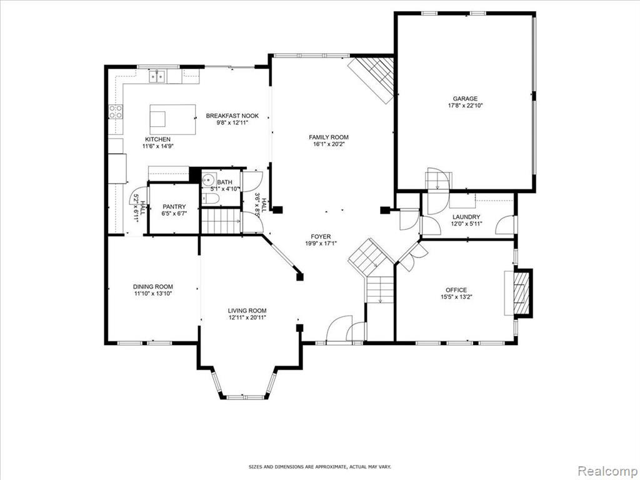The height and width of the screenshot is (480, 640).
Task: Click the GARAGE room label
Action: [465, 98]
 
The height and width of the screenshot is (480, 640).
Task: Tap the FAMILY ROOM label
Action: [329, 137]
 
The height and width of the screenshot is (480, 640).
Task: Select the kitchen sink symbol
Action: [157, 76]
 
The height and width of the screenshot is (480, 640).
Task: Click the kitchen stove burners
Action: [116, 112]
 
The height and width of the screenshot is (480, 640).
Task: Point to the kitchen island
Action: [172, 119]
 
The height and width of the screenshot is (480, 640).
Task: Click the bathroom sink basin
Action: [209, 179]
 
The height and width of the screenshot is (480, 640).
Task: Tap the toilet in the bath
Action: [210, 199]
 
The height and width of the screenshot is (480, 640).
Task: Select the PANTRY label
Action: [174, 206]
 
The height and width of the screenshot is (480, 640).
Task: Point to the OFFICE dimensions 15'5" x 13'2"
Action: [456, 297]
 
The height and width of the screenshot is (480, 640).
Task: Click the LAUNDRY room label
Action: [466, 217]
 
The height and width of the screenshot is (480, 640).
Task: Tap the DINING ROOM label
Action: [153, 286]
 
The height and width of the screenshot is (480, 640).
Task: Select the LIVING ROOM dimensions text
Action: [247, 317]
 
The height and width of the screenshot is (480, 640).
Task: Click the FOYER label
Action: [321, 237]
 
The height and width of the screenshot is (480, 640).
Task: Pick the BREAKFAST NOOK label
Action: [232, 116]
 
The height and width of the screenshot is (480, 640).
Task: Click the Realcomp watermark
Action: [607, 471]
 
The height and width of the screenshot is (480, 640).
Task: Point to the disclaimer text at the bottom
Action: [320, 466]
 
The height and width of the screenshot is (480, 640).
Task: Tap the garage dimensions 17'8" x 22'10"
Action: [465, 105]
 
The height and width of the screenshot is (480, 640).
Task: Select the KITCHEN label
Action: [157, 139]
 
